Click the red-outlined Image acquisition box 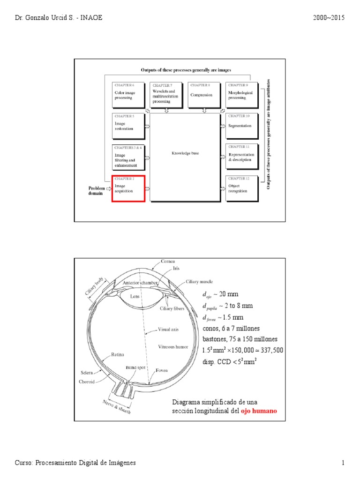pyautogui.click(x=128, y=188)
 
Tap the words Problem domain pyautogui.click(x=97, y=190)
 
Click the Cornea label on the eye pyautogui.click(x=168, y=261)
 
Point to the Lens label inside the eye pyautogui.click(x=135, y=297)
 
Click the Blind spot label pyautogui.click(x=135, y=368)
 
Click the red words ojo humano pyautogui.click(x=259, y=411)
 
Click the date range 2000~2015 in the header pyautogui.click(x=328, y=18)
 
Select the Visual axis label pyautogui.click(x=168, y=329)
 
